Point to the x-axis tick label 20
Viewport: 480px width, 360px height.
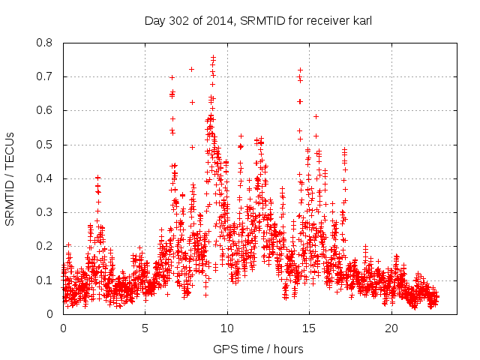391,328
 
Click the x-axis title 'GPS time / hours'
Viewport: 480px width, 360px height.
258,349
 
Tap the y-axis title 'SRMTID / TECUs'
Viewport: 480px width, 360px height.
10,178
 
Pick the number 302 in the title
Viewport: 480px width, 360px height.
178,20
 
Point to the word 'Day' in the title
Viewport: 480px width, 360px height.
154,20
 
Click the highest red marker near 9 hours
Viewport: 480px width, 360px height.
213,57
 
